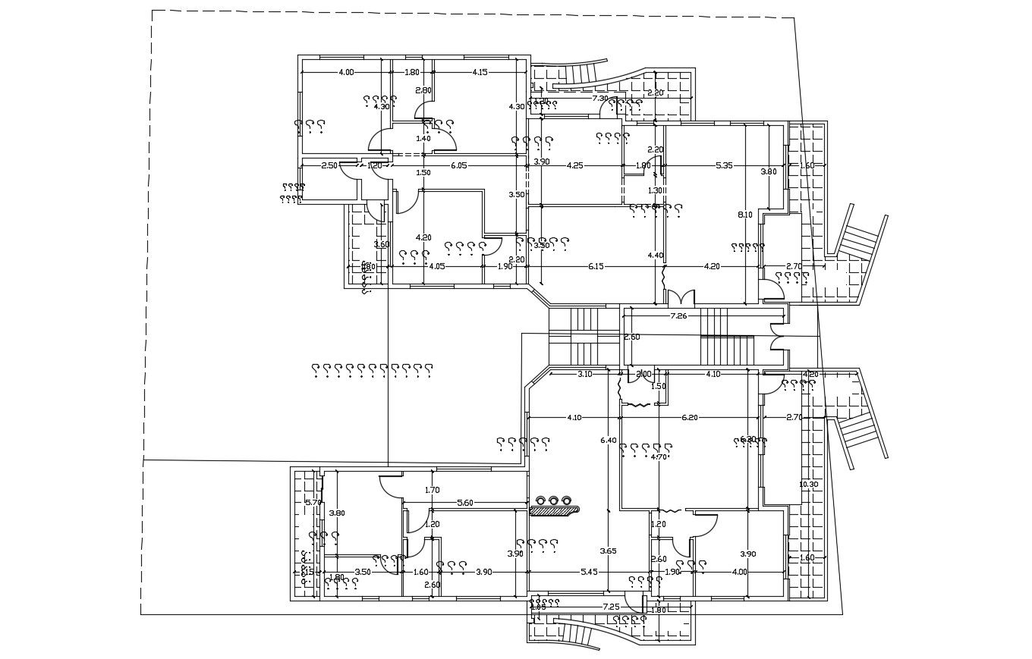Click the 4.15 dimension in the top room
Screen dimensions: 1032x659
coord(480,72)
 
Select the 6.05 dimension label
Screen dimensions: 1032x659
coord(458,165)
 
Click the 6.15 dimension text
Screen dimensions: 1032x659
coord(596,266)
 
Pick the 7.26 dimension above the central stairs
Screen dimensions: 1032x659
coord(678,315)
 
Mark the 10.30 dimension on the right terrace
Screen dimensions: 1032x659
coord(808,484)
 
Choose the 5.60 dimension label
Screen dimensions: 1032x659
coord(464,503)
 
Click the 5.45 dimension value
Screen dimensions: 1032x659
coord(589,572)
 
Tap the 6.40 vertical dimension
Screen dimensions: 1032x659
coord(608,440)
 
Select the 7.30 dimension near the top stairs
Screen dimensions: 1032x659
coord(599,98)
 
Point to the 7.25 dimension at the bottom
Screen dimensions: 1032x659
coord(611,607)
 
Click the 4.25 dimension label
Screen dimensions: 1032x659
coord(574,165)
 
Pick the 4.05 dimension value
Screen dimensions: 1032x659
coord(436,266)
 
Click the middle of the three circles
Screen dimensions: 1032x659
coord(553,500)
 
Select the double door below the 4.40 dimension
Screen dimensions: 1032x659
coord(681,297)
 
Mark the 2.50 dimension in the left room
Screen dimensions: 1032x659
coord(329,165)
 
